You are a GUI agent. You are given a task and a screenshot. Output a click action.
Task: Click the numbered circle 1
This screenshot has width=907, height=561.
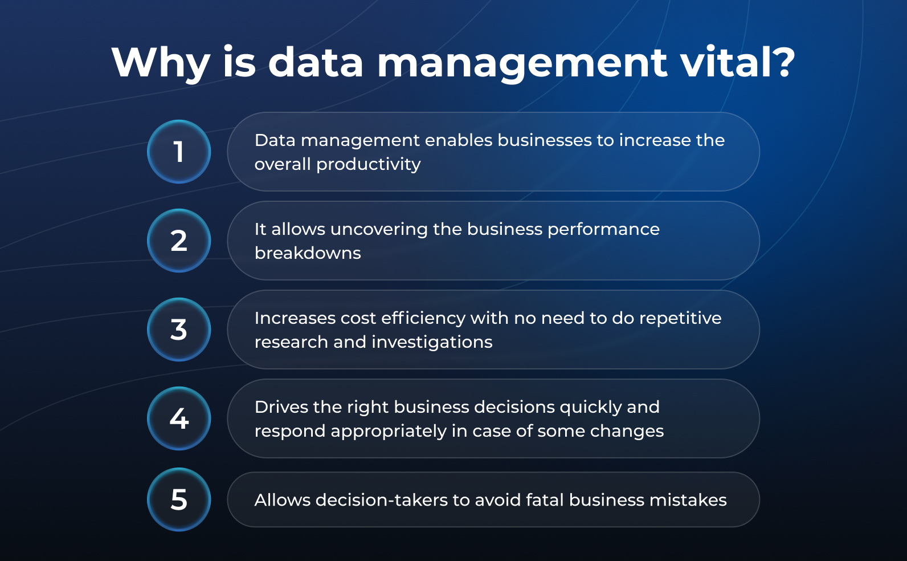(x=179, y=152)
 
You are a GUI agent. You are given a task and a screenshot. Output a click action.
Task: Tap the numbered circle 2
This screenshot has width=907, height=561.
(x=179, y=241)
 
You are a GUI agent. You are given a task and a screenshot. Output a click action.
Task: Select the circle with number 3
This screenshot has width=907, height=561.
(x=179, y=330)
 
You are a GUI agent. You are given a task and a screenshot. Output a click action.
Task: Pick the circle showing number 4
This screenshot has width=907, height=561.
(x=179, y=418)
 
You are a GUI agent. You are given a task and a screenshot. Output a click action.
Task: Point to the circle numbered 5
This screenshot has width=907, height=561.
(x=179, y=499)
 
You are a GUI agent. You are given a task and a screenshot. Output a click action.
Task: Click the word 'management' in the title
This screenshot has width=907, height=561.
(x=522, y=65)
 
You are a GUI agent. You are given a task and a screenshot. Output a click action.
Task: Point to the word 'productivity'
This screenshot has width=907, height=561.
(x=369, y=164)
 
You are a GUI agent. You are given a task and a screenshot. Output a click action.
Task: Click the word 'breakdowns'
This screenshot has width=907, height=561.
(x=308, y=253)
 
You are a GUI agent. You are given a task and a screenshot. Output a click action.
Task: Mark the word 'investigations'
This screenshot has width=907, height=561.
(x=432, y=342)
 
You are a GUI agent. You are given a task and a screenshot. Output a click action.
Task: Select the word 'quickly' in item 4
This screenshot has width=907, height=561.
(x=590, y=408)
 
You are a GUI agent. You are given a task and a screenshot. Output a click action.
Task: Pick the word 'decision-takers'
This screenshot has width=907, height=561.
(x=382, y=500)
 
